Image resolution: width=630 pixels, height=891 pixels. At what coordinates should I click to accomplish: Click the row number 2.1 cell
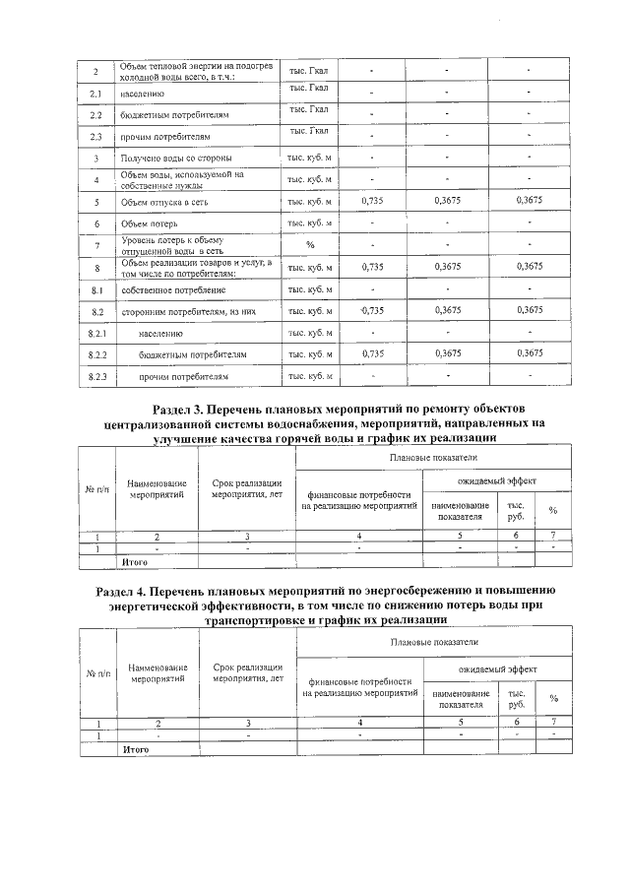pos(95,94)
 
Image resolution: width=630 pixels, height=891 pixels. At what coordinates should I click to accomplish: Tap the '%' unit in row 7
pos(310,244)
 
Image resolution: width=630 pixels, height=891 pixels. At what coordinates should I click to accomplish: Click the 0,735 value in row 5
pos(371,201)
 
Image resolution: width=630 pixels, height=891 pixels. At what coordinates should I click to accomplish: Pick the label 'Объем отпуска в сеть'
pos(163,202)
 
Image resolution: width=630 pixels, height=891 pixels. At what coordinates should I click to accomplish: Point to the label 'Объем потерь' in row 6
pos(149,223)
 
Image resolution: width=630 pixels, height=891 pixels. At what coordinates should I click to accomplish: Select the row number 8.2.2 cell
pos(96,353)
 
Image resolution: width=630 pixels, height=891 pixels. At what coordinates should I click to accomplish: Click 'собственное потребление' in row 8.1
pos(173,289)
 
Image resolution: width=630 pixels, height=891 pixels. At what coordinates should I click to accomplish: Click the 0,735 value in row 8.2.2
pos(371,352)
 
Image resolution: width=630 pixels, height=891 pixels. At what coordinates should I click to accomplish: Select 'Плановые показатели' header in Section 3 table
pos(433,458)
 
